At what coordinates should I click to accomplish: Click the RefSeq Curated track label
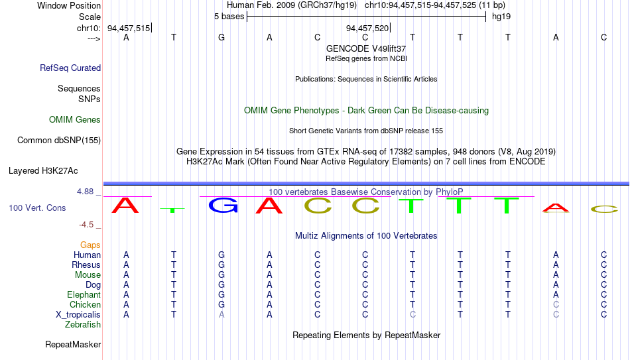tap(70, 68)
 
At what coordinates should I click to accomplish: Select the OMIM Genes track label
tap(75, 120)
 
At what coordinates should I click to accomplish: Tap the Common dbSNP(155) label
tap(59, 141)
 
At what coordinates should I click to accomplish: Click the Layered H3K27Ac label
tap(43, 171)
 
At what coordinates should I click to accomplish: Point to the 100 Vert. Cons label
tap(37, 208)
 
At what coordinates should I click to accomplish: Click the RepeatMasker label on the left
tap(73, 344)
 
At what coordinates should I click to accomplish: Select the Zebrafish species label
tap(83, 324)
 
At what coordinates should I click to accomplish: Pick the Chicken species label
tap(85, 304)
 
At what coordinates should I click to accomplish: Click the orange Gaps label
tap(90, 245)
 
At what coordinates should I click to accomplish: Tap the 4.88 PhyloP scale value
tap(85, 192)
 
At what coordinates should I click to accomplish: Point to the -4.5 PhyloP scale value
tap(86, 225)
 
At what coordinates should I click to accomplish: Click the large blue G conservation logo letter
tap(223, 206)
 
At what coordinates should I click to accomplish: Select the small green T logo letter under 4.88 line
tap(173, 210)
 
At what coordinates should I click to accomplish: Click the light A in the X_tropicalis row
tap(221, 315)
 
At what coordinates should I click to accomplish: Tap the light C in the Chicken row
tap(556, 304)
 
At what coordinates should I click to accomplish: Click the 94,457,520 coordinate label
tap(367, 28)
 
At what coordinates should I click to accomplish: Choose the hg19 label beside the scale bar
tap(501, 17)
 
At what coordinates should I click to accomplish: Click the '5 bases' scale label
tap(229, 17)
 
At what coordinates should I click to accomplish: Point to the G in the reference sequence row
tap(221, 37)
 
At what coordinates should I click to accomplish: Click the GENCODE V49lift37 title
tap(366, 48)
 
